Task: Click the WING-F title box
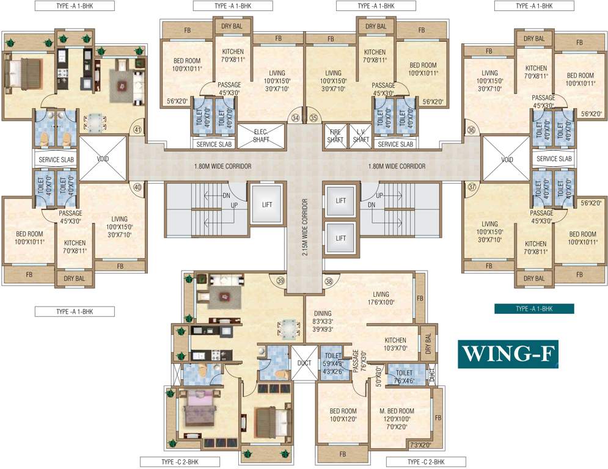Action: coord(508,352)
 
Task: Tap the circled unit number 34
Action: coord(296,117)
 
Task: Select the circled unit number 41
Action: coord(137,129)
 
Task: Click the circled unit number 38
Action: coord(329,281)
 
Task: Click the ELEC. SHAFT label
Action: coord(261,136)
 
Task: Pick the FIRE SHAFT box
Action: coord(335,136)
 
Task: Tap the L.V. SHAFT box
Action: coord(361,136)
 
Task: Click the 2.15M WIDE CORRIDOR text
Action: coord(304,227)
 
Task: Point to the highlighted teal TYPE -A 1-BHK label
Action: coord(534,309)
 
